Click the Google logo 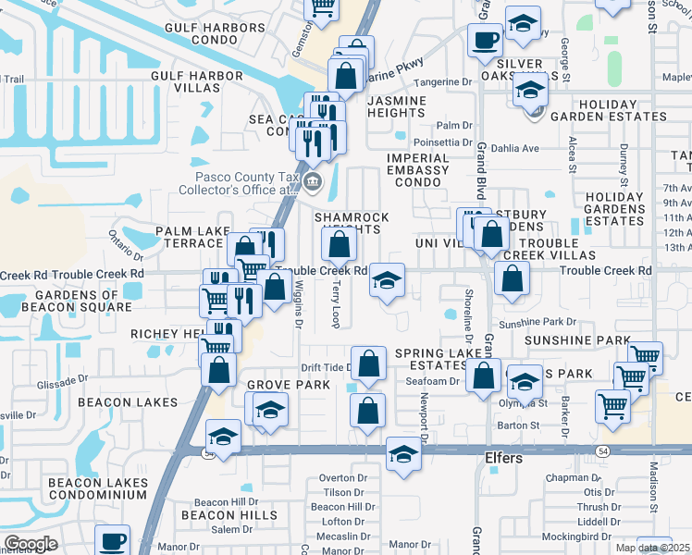(x=31, y=544)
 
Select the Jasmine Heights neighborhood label (x=397, y=106)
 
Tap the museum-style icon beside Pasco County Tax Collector (x=312, y=183)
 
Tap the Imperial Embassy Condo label (x=417, y=170)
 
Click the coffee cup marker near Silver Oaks (x=485, y=40)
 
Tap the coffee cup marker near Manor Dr (x=113, y=540)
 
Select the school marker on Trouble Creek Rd (x=388, y=279)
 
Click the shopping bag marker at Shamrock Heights (x=340, y=245)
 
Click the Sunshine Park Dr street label (x=538, y=323)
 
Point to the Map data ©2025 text (x=653, y=548)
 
